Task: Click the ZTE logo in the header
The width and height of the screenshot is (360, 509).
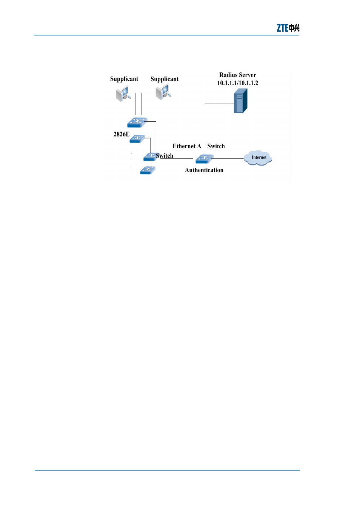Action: pos(288,28)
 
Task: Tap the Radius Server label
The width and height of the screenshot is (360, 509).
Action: pos(237,75)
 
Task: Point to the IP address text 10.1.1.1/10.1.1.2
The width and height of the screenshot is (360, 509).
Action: pos(237,83)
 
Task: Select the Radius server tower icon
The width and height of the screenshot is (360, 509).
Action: pos(241,101)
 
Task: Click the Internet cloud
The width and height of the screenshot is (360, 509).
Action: pos(258,158)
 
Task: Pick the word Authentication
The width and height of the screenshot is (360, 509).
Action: pos(204,170)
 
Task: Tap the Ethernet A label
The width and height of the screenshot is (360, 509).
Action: pos(187,146)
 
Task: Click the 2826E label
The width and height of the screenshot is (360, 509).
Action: pos(122,134)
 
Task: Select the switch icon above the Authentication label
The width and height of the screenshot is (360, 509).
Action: pos(205,159)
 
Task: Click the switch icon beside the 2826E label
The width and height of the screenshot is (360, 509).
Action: pos(137,139)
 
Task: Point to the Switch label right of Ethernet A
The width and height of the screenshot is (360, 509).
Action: pos(216,146)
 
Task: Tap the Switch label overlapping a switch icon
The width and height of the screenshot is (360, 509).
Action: pos(165,156)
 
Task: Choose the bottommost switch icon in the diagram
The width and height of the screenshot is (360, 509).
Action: pos(148,170)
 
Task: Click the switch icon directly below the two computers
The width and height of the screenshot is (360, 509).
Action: pos(137,123)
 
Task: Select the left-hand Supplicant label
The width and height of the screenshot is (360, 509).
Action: pos(124,79)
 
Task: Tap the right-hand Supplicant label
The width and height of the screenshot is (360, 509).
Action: pos(165,79)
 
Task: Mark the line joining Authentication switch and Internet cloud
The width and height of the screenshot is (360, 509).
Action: pos(228,158)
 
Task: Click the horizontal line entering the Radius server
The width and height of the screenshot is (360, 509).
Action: pos(220,104)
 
